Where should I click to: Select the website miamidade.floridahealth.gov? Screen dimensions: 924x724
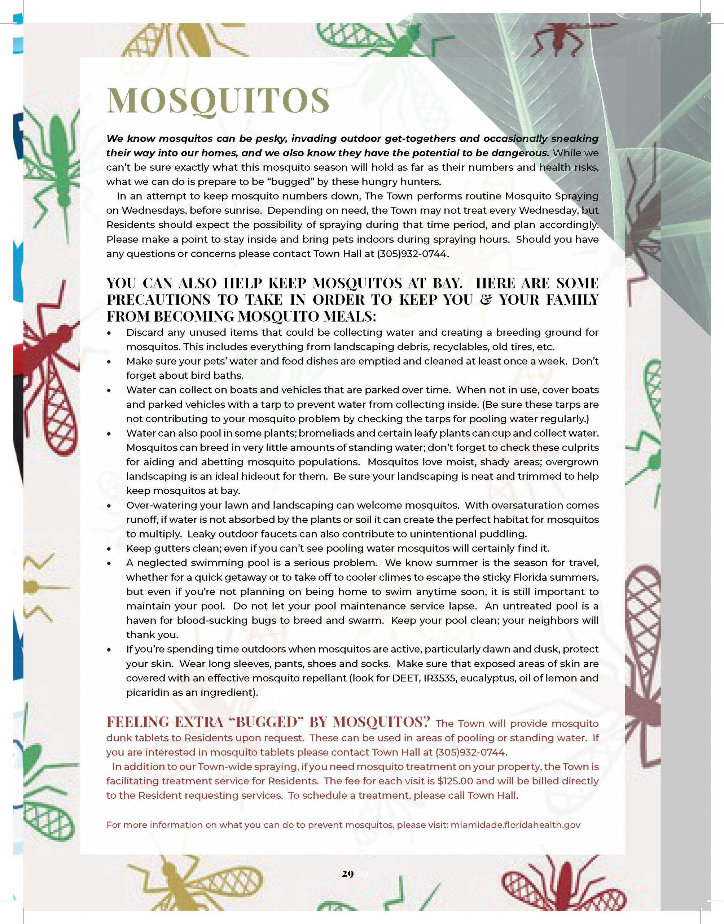click(x=515, y=825)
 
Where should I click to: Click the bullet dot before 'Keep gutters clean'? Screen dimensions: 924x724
click(x=110, y=549)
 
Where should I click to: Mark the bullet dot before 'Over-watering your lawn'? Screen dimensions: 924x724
click(x=110, y=506)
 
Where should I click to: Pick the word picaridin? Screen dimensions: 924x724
click(x=147, y=693)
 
